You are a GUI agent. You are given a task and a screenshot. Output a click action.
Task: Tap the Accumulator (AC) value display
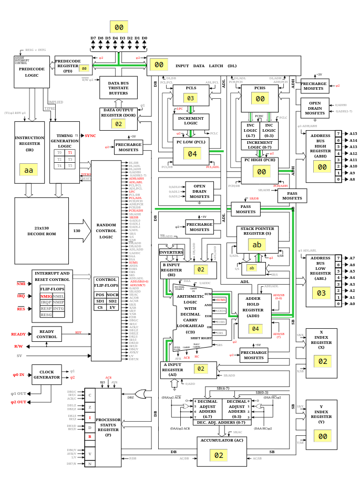(x=218, y=455)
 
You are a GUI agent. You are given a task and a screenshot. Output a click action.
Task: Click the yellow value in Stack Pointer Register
(x=256, y=245)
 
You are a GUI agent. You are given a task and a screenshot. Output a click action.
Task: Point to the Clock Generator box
(x=47, y=374)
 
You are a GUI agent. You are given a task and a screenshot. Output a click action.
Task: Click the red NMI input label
(x=21, y=284)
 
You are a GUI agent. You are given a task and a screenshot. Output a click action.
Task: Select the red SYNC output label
(x=90, y=135)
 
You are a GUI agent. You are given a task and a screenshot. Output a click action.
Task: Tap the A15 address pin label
(x=353, y=134)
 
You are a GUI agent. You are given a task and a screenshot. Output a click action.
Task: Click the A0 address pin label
(x=352, y=304)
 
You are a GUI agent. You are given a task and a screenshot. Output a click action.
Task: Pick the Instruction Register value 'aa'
(x=28, y=170)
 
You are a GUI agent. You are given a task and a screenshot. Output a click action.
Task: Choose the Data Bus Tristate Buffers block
(x=118, y=88)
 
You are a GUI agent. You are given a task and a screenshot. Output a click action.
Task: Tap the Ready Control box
(x=47, y=334)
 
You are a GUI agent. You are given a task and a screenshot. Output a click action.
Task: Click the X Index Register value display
(x=322, y=361)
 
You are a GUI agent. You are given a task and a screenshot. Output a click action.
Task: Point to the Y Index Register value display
(x=322, y=436)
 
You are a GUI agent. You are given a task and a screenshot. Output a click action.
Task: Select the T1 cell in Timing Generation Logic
(x=70, y=152)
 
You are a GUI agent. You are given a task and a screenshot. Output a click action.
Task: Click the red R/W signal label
(x=18, y=346)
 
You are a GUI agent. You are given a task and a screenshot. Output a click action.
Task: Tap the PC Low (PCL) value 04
(x=192, y=154)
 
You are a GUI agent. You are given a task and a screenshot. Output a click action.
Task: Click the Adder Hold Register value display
(x=255, y=329)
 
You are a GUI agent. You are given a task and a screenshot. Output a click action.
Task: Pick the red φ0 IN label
(x=18, y=375)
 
